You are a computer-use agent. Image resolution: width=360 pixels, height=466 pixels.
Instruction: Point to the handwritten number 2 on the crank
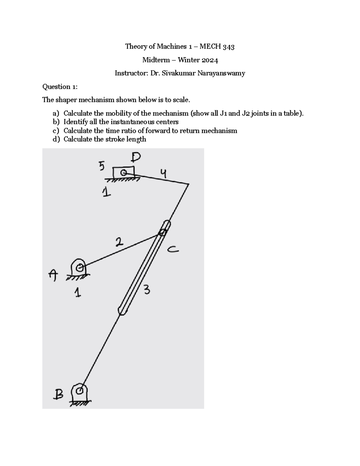[119, 242]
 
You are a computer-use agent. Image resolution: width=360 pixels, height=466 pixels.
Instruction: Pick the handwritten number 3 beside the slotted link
[147, 290]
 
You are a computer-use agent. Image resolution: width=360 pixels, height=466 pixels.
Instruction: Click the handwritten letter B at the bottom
[58, 394]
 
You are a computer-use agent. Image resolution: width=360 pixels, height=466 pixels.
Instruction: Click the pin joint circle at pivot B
[80, 391]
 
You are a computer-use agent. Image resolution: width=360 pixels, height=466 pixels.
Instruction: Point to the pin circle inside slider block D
[123, 173]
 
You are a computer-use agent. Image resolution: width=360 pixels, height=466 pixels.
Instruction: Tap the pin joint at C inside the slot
[162, 232]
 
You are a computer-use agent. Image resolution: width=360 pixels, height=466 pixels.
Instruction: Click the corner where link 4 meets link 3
[189, 184]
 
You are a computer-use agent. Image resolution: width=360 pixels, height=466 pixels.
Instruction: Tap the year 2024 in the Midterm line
[210, 60]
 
